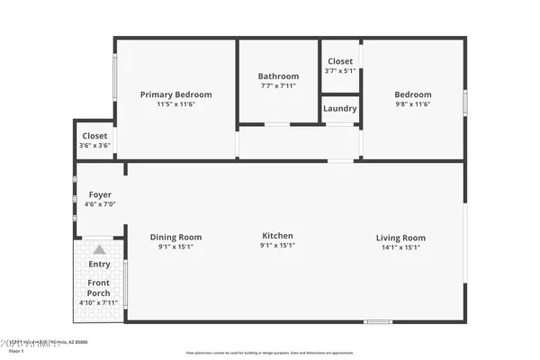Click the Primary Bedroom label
click(176, 94)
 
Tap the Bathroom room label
click(278, 76)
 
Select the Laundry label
click(340, 109)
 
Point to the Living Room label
click(400, 238)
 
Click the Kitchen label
click(277, 236)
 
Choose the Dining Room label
click(175, 237)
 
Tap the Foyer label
click(100, 194)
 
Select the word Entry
click(99, 264)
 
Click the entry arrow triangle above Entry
click(99, 249)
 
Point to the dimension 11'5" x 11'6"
click(176, 104)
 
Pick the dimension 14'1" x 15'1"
click(400, 247)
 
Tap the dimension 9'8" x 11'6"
click(413, 104)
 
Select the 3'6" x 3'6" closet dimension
click(94, 145)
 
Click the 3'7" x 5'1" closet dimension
click(340, 70)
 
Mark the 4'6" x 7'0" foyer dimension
click(100, 204)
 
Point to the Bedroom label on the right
click(413, 94)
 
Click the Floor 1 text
click(14, 351)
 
